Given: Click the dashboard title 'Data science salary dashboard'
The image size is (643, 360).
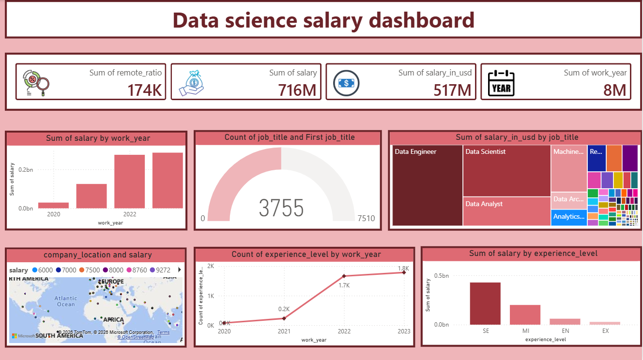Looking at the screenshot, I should pyautogui.click(x=323, y=20).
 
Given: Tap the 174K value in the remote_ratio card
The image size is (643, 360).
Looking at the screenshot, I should pyautogui.click(x=144, y=90).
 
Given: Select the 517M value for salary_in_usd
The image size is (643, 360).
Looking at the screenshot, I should pyautogui.click(x=452, y=90).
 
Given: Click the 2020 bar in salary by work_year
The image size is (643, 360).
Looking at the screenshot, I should pyautogui.click(x=53, y=205).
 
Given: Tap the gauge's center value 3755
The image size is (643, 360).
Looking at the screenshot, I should pyautogui.click(x=281, y=208).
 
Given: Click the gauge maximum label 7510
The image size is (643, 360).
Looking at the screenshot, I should pyautogui.click(x=366, y=218).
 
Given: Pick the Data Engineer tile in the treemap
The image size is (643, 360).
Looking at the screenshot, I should pyautogui.click(x=427, y=186).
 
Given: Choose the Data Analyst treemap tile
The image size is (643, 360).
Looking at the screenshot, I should pyautogui.click(x=506, y=211).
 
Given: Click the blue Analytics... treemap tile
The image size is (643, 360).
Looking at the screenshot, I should pyautogui.click(x=569, y=217).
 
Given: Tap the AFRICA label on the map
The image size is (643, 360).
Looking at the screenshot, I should pyautogui.click(x=114, y=319).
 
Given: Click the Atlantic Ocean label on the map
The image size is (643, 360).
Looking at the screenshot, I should pyautogui.click(x=66, y=301).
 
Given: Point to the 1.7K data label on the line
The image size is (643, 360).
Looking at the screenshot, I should pyautogui.click(x=344, y=285).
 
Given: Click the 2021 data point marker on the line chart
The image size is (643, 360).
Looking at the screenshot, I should pyautogui.click(x=284, y=318).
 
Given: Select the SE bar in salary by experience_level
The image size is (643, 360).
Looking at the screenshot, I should pyautogui.click(x=485, y=303).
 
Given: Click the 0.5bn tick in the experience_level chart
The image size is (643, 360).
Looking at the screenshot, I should pyautogui.click(x=442, y=275).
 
